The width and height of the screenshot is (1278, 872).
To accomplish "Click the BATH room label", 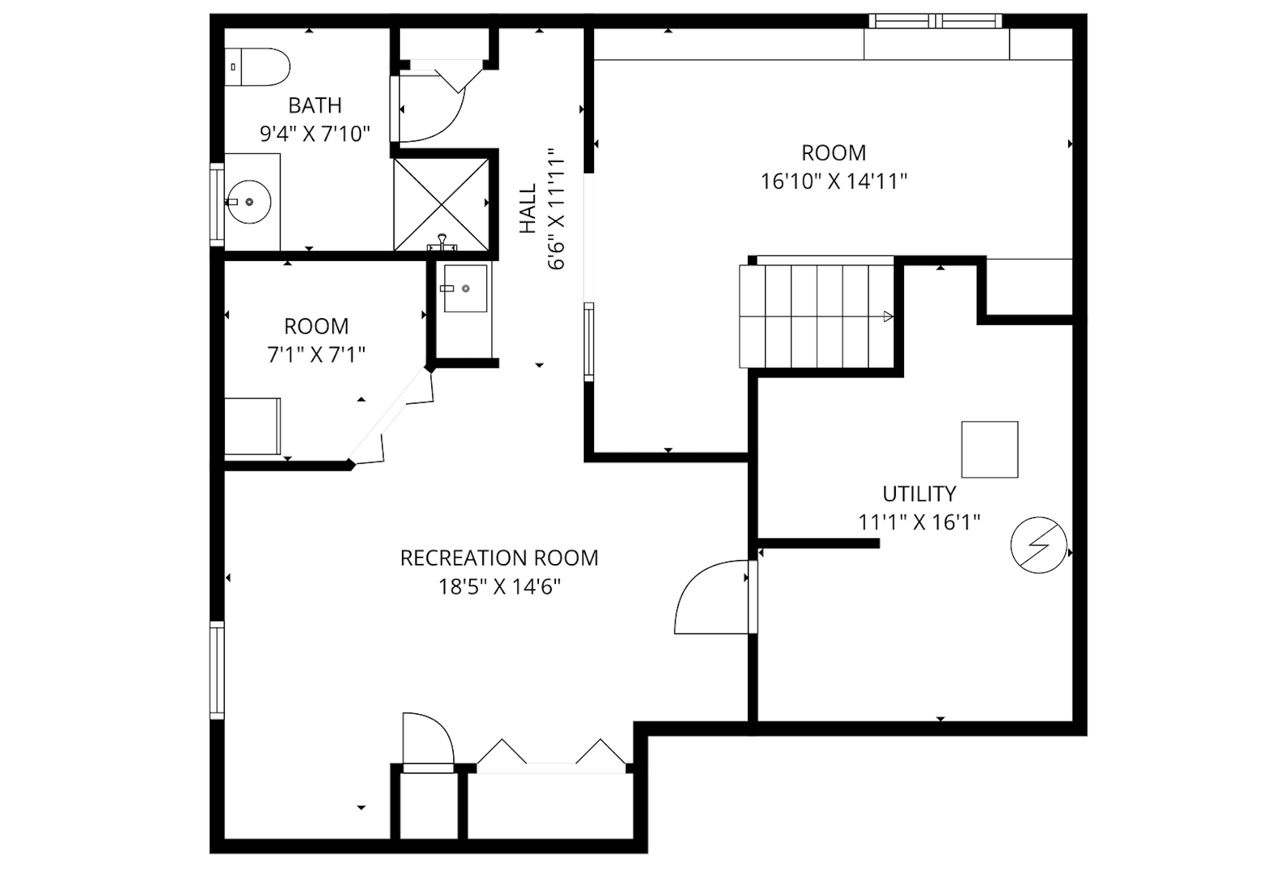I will click(x=315, y=106).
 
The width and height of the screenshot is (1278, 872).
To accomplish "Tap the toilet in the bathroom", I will click(x=258, y=67).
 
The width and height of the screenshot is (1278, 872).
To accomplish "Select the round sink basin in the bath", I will click(x=249, y=202).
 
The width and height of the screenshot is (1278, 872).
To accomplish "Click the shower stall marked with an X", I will click(x=441, y=204).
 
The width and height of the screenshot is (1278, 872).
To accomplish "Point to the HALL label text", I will click(x=528, y=208).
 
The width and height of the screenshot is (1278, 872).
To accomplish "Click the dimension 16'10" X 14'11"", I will click(x=833, y=181).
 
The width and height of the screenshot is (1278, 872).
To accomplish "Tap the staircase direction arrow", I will click(x=888, y=316).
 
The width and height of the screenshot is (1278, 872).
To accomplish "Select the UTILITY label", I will click(x=919, y=494).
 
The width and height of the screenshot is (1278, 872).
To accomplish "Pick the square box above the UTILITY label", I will click(x=989, y=449).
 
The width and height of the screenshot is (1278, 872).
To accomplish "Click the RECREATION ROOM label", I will click(x=499, y=558).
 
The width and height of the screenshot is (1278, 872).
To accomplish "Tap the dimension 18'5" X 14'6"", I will click(x=499, y=587).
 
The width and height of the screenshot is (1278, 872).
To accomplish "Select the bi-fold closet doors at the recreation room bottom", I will click(x=550, y=755).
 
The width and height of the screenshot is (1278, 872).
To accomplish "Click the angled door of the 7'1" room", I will click(x=390, y=418).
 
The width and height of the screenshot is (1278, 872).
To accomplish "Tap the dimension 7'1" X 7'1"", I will click(x=316, y=355).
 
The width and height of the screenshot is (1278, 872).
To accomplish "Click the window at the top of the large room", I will click(x=935, y=21).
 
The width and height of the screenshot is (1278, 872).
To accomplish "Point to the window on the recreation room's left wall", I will click(x=217, y=670).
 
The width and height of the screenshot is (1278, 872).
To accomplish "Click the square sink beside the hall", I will click(x=465, y=288).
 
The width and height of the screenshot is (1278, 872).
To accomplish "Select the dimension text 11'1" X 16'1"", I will click(x=919, y=523).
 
